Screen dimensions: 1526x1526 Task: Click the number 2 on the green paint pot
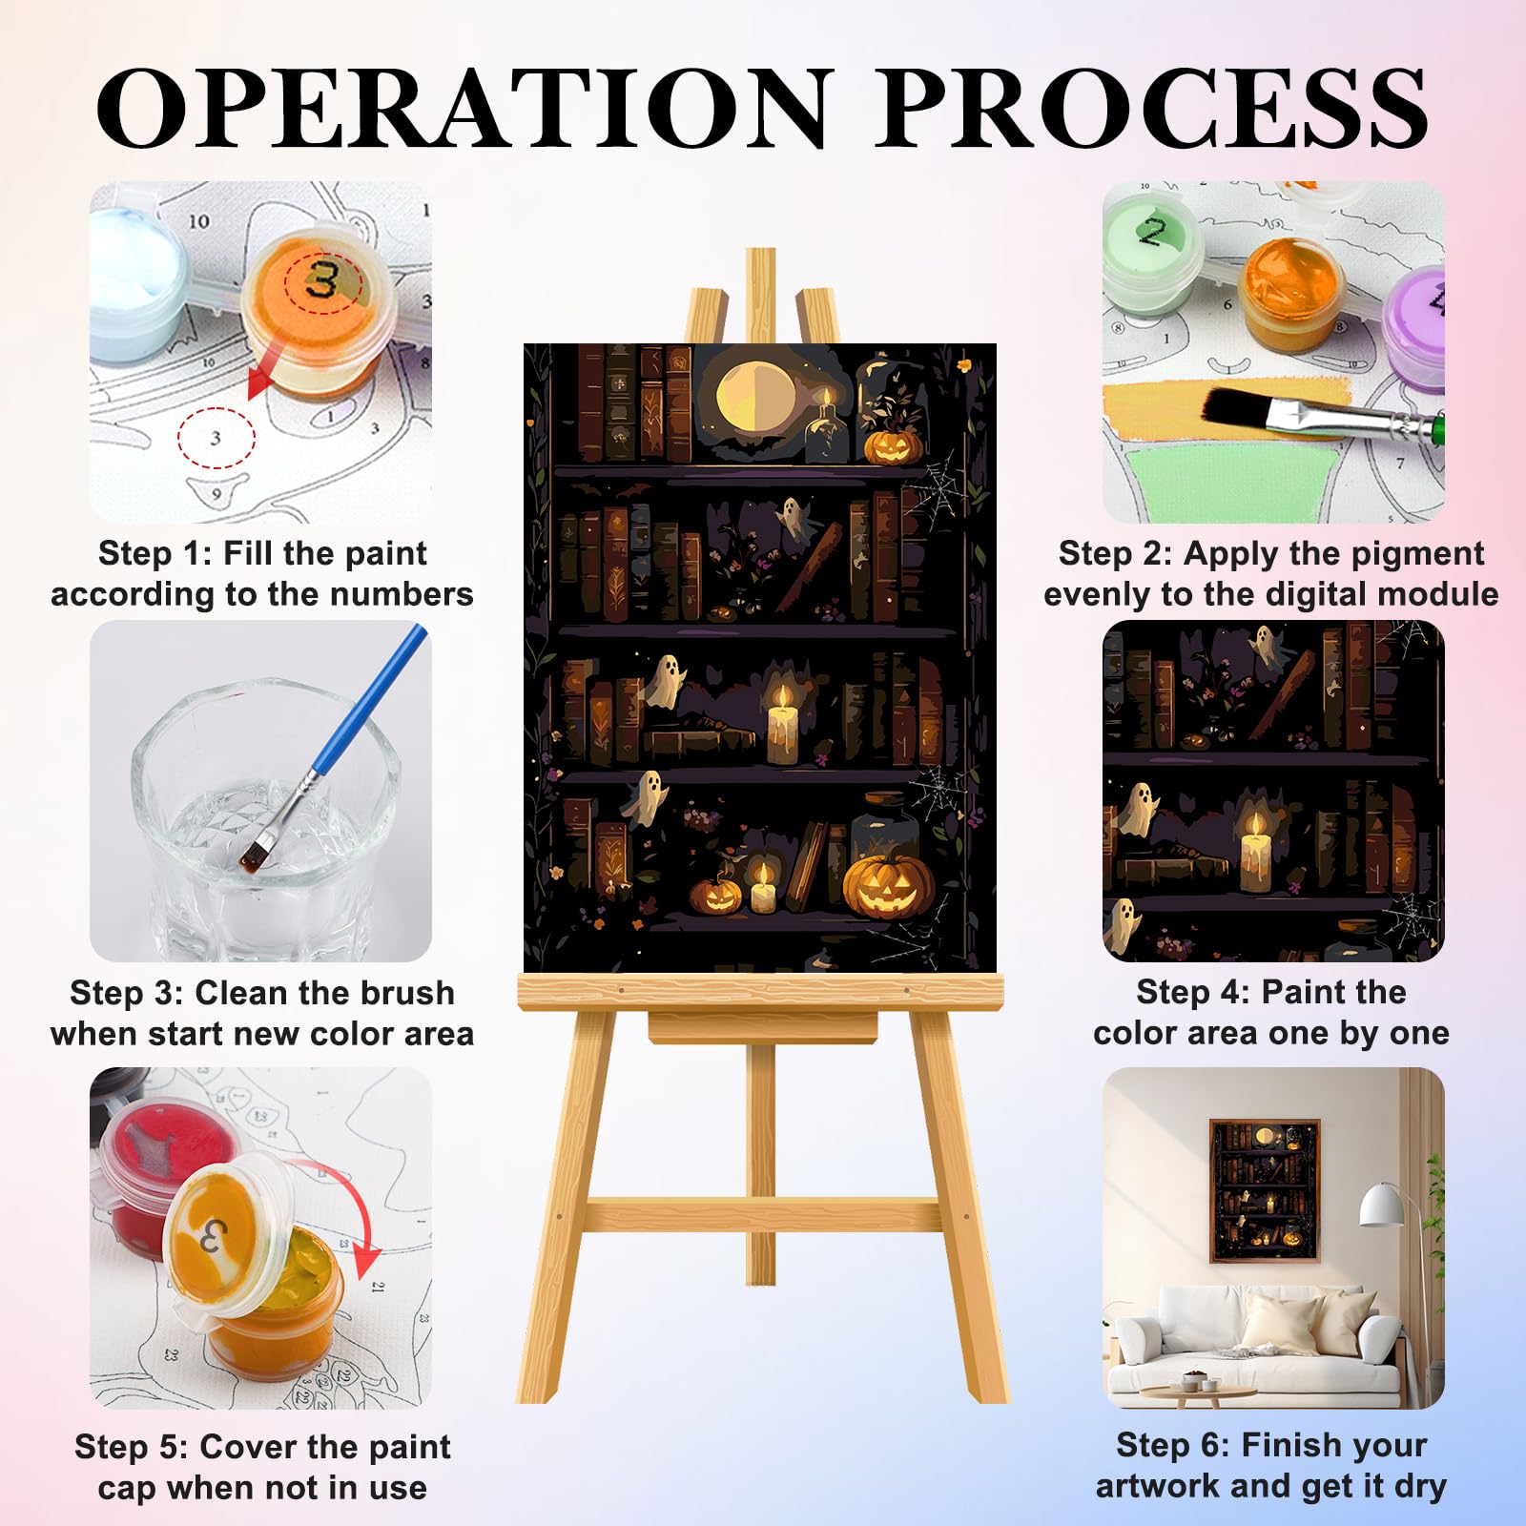pyautogui.click(x=1152, y=233)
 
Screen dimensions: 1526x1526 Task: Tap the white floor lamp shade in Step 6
pyautogui.click(x=1385, y=1206)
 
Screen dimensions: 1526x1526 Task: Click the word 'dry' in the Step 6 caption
pyautogui.click(x=1418, y=1487)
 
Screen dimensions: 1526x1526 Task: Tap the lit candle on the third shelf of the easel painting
pyautogui.click(x=782, y=724)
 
